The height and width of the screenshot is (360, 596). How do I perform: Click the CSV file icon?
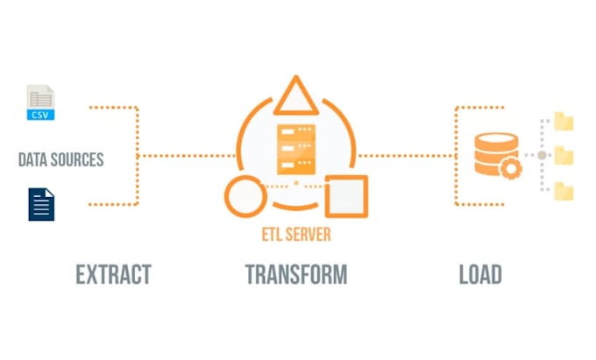pos(40,103)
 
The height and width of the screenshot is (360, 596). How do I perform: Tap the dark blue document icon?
pos(41,204)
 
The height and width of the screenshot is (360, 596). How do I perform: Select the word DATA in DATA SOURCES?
pos(35,159)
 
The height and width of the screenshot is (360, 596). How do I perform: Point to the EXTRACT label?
pos(113,274)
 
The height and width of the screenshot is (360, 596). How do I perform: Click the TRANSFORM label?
pos(295,274)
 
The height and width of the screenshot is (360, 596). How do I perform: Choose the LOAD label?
pos(480,274)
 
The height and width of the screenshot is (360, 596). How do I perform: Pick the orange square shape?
pos(345,196)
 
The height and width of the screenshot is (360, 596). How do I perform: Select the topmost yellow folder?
pos(564,121)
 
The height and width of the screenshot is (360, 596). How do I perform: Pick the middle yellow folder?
pos(564,155)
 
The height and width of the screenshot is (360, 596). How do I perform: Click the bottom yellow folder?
pos(564,190)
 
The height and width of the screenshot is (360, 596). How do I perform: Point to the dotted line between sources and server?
pos(184,156)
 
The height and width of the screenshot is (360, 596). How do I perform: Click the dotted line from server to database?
pos(403,156)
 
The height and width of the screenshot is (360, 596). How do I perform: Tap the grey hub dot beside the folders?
pos(542,155)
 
